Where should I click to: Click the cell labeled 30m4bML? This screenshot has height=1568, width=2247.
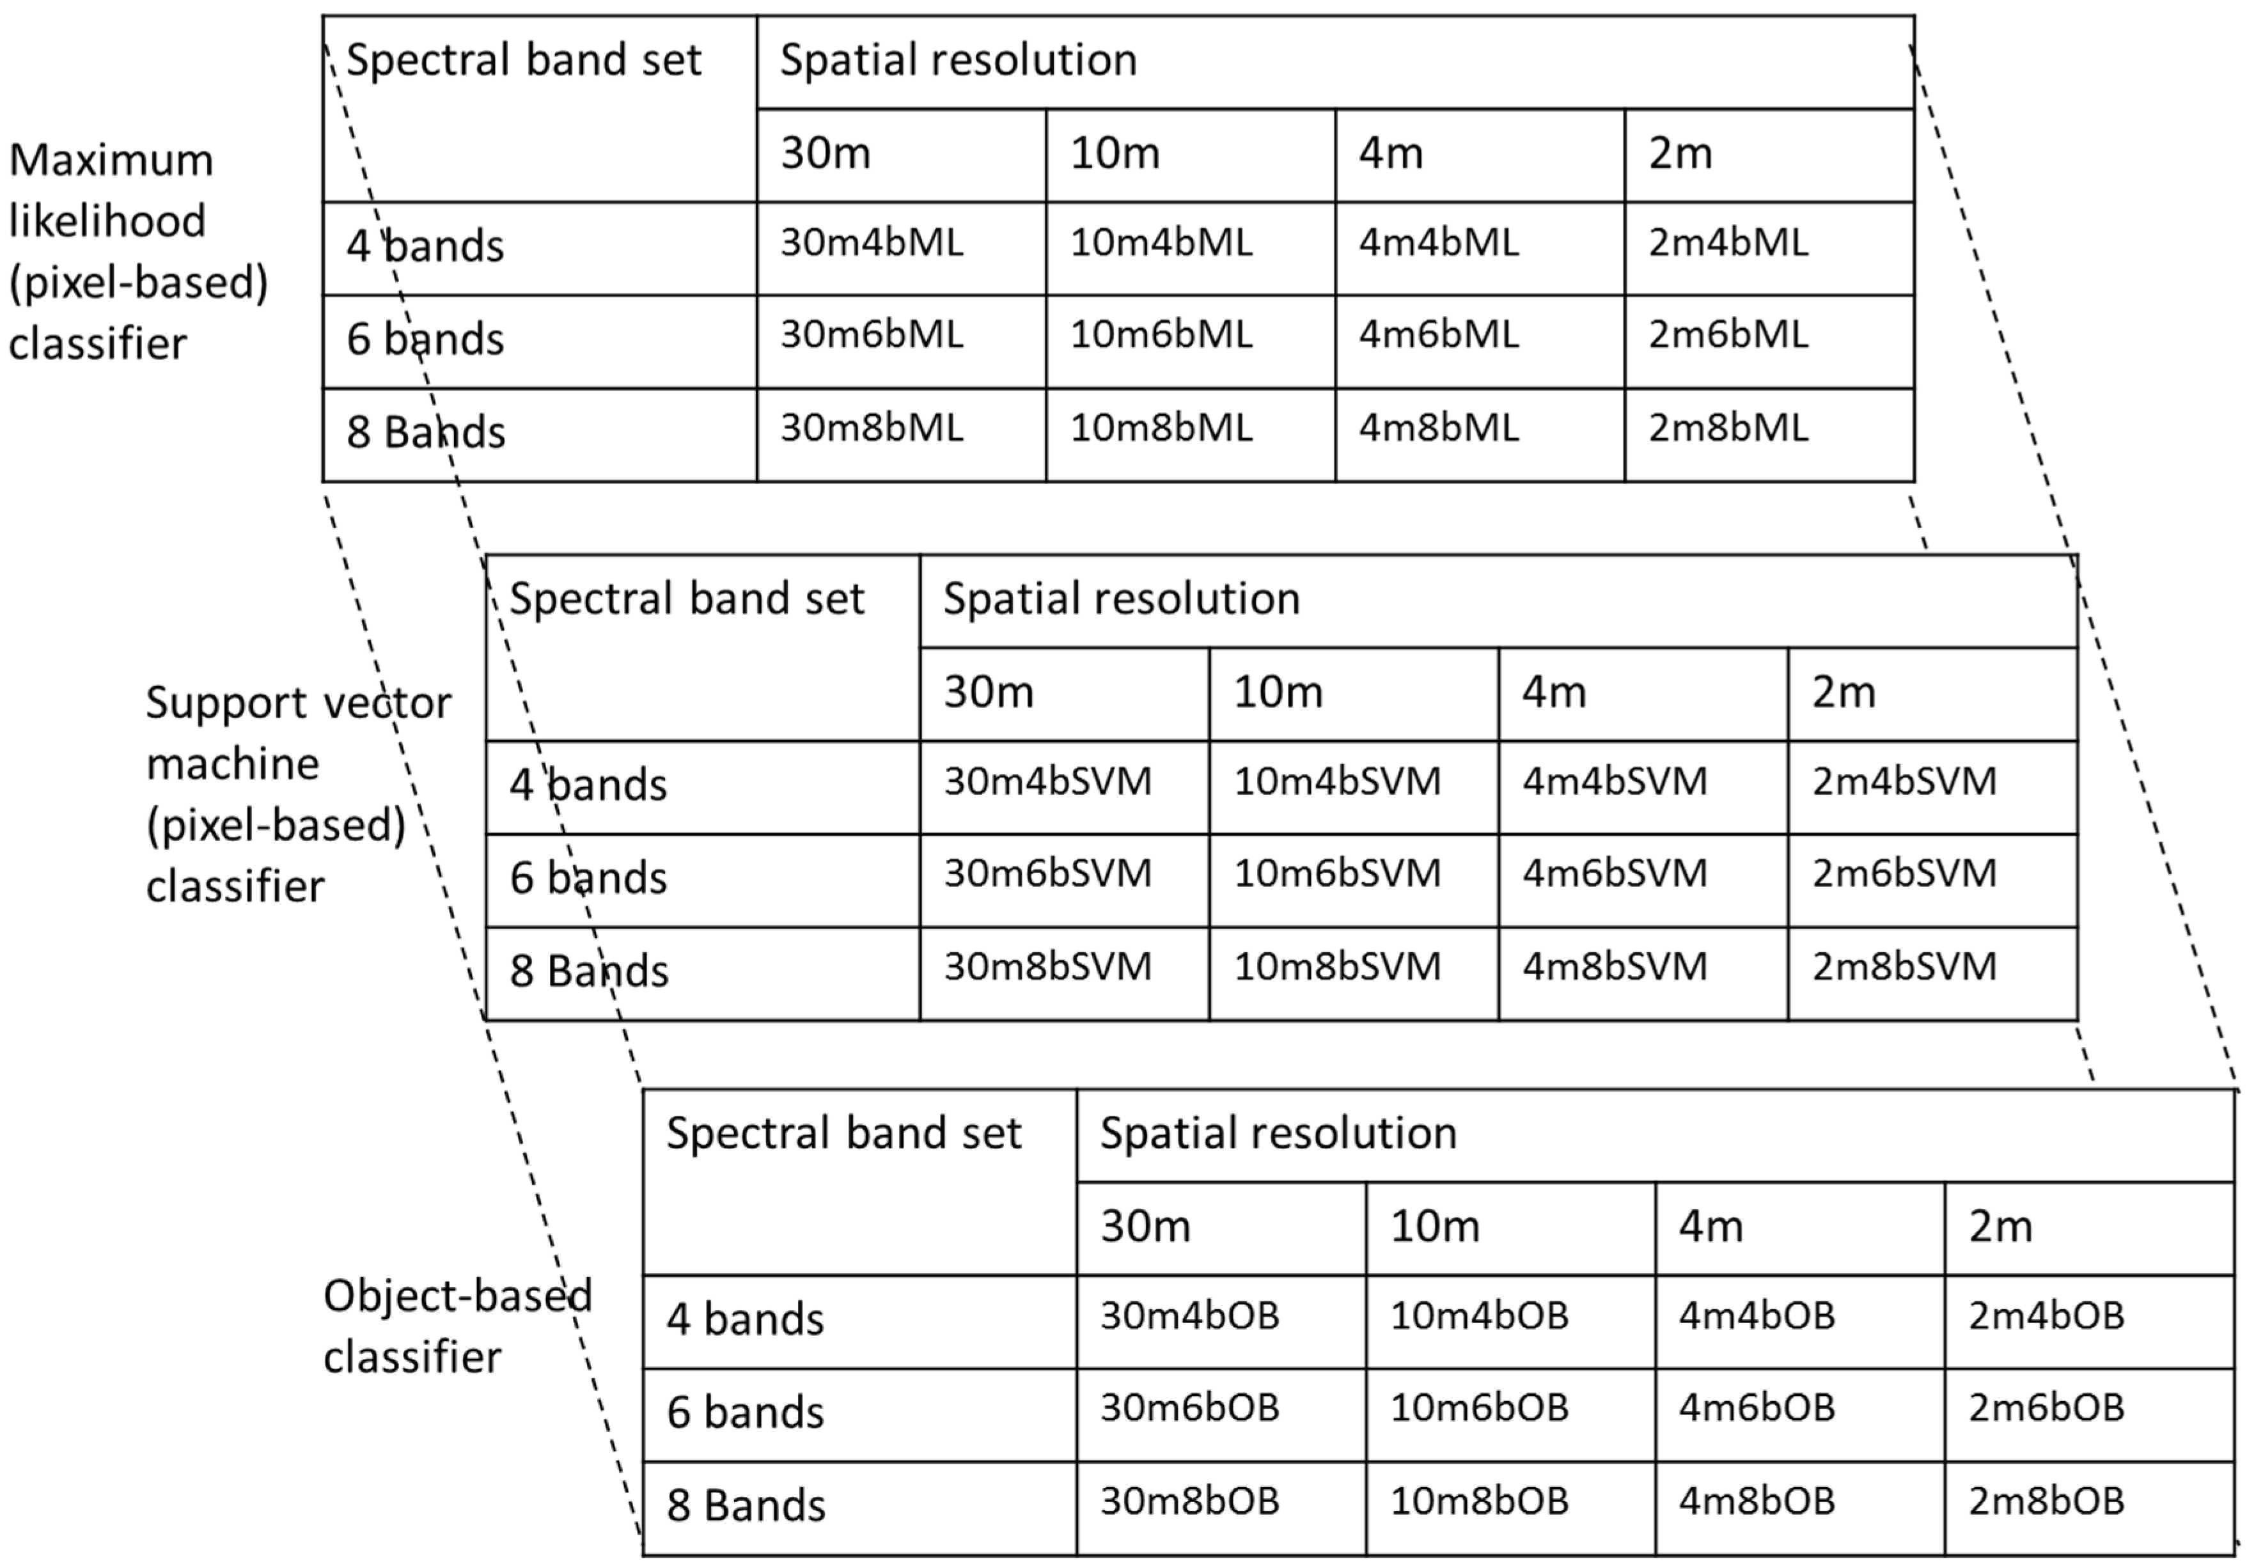coord(871,243)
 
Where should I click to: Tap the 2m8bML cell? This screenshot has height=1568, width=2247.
coord(1728,428)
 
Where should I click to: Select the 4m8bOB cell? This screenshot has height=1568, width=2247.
coord(1757,1502)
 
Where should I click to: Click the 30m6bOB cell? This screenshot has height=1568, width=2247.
coord(1189,1409)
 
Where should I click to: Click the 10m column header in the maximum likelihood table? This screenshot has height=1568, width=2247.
coord(1115,153)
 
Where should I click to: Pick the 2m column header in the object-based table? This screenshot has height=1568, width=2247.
coord(2000,1227)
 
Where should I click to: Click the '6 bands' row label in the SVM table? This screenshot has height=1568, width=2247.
coord(588,878)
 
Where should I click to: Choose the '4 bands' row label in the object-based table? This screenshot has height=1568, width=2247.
coord(745,1319)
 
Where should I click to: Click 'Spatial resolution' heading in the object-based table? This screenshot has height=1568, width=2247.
coord(1278,1133)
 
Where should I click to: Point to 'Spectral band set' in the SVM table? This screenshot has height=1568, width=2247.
coord(687,599)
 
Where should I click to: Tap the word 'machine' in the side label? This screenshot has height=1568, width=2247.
coord(233,764)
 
